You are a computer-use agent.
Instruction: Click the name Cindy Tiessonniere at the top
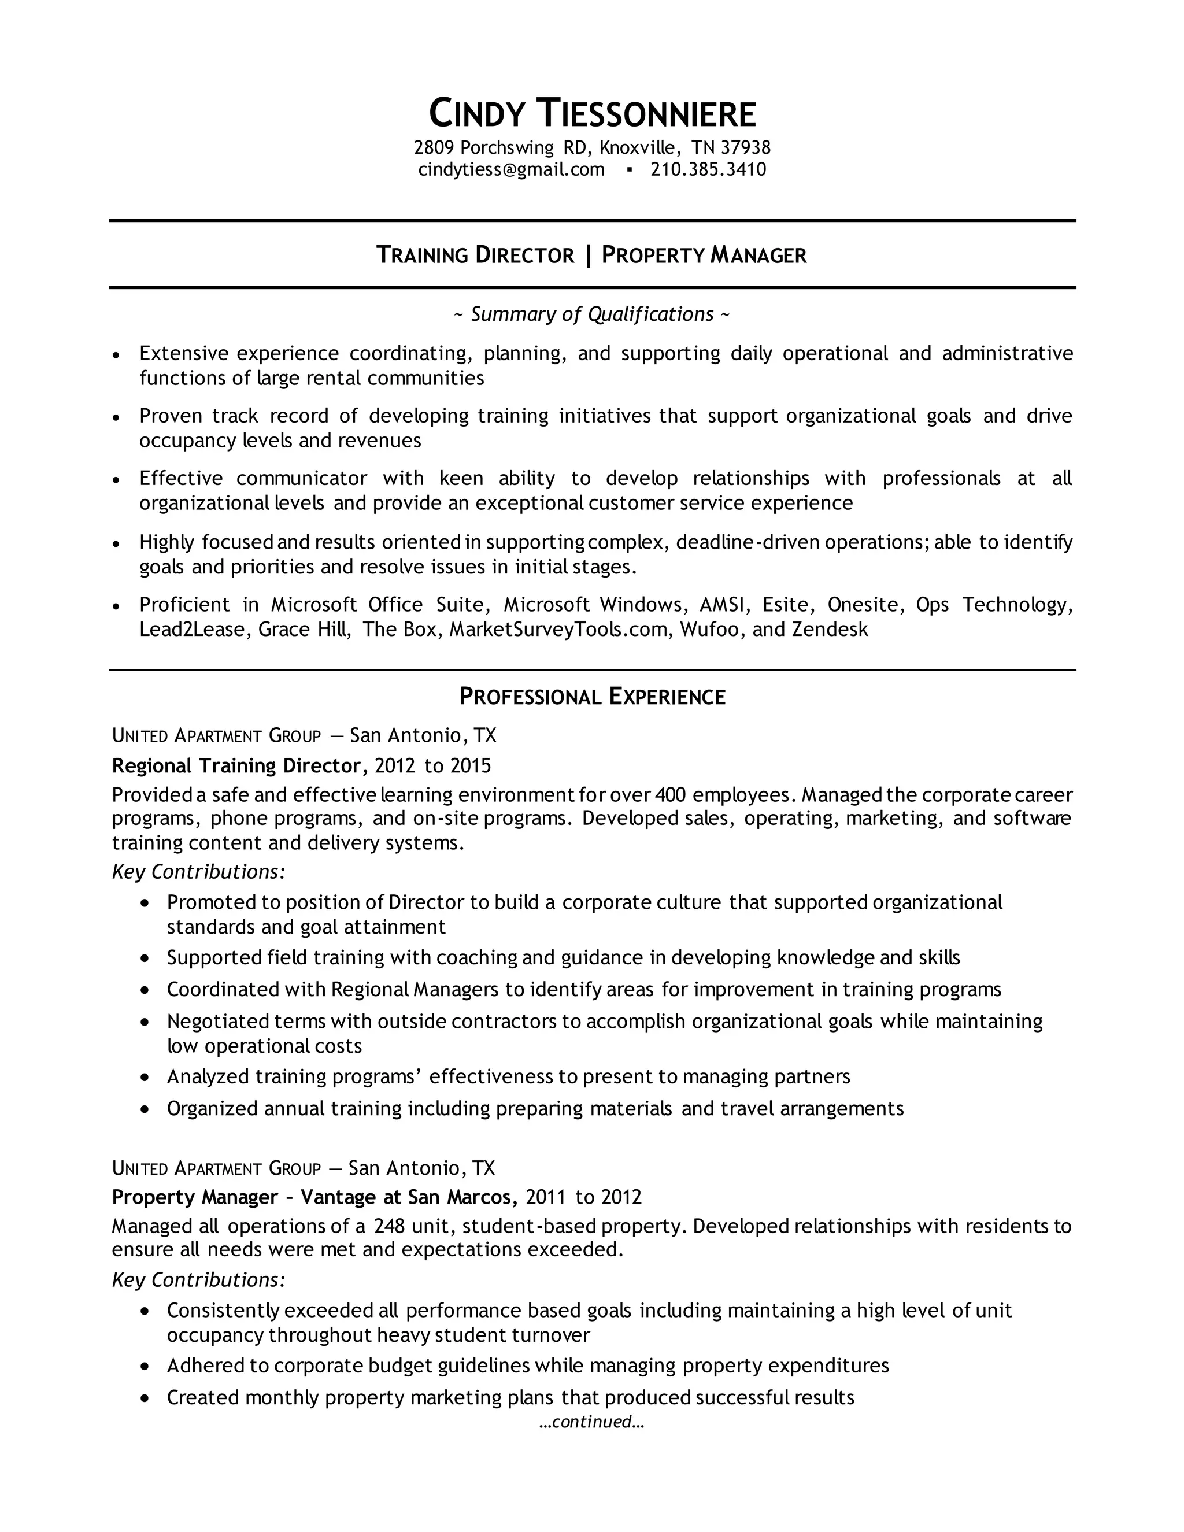[592, 114]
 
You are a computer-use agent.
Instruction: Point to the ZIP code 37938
[746, 147]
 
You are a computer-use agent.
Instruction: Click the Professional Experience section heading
[592, 696]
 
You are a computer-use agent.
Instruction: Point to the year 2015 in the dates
[471, 765]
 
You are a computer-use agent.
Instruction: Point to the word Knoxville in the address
[638, 147]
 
